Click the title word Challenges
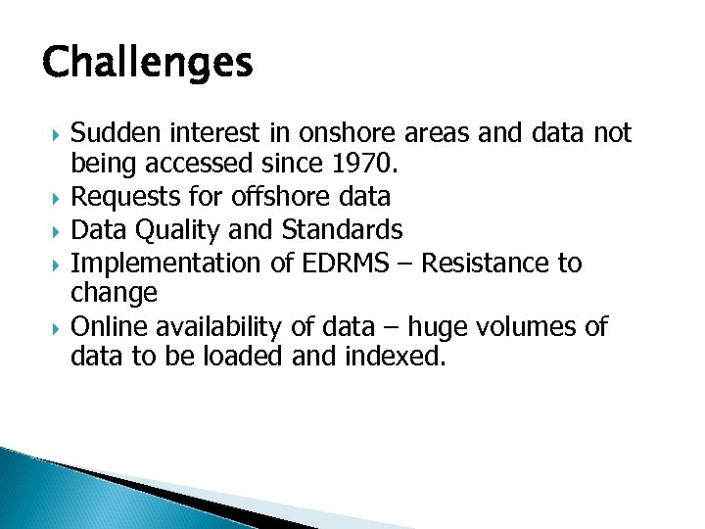click(148, 64)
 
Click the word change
click(114, 293)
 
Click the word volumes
click(530, 326)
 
